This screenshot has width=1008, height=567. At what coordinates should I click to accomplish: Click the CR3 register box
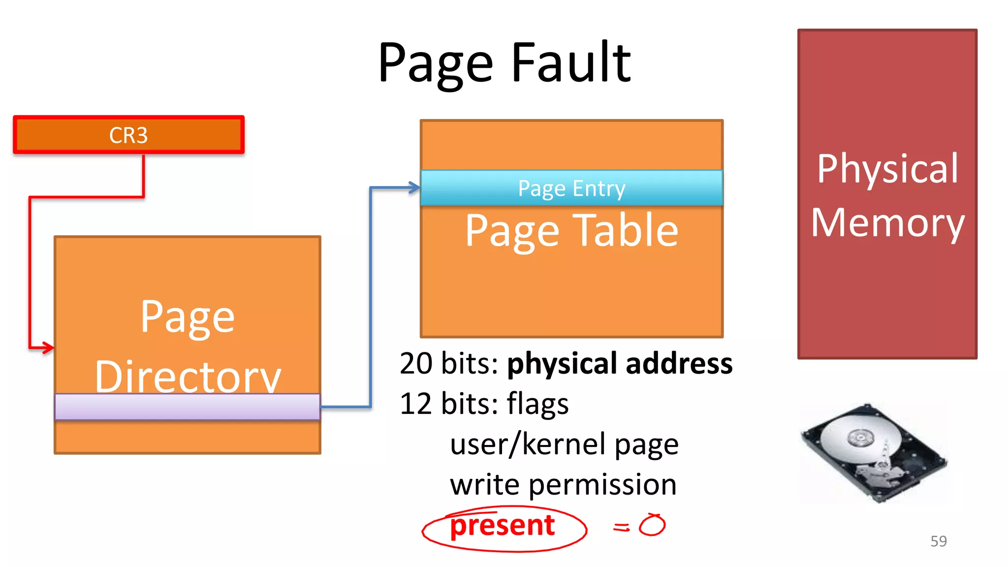(x=128, y=135)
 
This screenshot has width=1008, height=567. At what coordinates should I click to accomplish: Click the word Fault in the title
(x=571, y=63)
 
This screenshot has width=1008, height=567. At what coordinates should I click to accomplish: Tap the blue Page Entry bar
(x=571, y=188)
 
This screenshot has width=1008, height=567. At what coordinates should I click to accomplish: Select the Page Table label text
(x=571, y=230)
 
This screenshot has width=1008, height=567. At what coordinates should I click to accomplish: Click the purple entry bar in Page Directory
(x=187, y=407)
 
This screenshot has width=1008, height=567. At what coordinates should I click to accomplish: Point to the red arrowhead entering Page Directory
(x=48, y=347)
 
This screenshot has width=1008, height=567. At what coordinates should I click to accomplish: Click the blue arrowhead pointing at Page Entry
(x=414, y=188)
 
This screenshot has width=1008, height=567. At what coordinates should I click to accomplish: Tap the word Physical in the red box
(x=887, y=169)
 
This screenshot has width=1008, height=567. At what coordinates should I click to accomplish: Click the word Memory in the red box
(x=887, y=222)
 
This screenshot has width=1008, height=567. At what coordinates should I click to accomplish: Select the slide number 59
(x=938, y=541)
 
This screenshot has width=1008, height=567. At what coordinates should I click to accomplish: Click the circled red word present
(x=503, y=526)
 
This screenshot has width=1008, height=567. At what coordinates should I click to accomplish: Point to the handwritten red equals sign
(x=621, y=527)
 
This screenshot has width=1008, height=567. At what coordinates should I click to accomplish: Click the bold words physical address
(x=620, y=364)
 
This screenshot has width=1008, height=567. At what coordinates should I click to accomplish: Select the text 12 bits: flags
(x=484, y=404)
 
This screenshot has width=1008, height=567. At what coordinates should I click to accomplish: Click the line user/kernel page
(x=564, y=444)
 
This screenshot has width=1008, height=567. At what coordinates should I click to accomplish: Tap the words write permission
(x=563, y=484)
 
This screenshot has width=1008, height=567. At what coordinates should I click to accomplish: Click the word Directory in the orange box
(x=188, y=377)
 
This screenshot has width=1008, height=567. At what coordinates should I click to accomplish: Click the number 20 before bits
(x=416, y=364)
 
